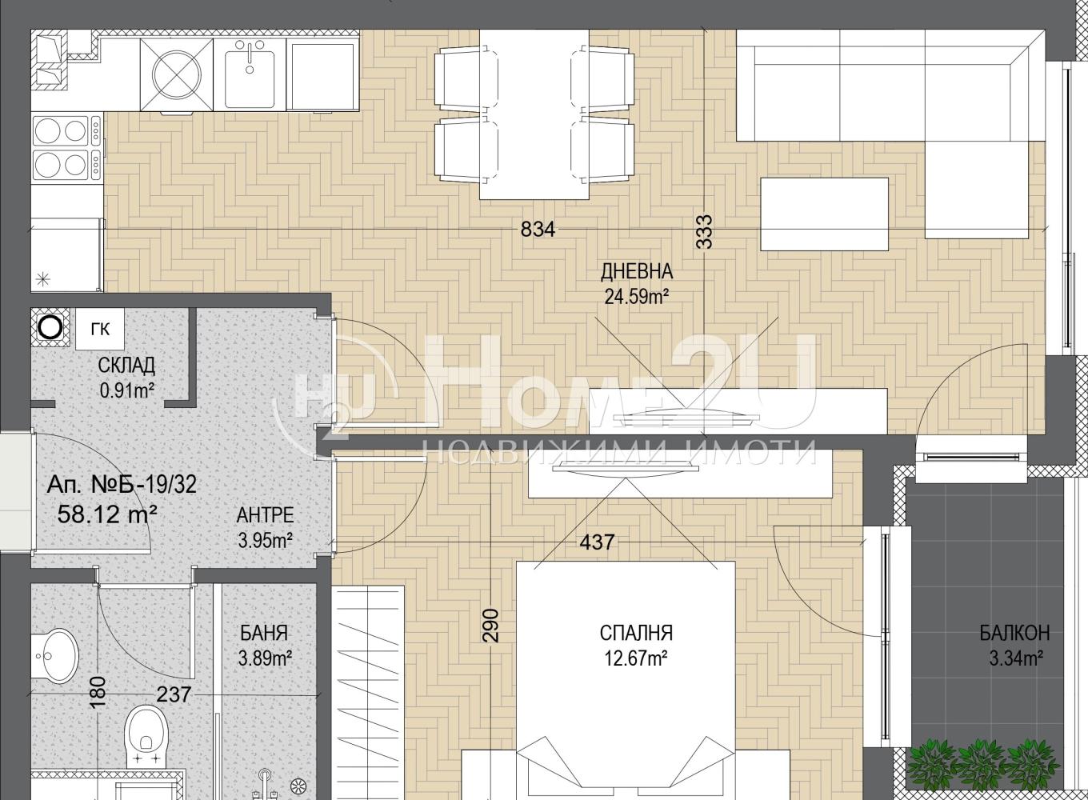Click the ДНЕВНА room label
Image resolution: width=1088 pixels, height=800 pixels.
coord(637,271)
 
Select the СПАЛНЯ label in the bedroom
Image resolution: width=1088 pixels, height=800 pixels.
coord(636,634)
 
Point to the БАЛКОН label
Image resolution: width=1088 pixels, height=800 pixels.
coord(1014,633)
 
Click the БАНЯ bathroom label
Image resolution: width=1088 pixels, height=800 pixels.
coord(264,633)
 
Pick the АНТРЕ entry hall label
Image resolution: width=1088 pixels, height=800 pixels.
coord(266,515)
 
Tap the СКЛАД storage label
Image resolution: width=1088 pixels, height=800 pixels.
coord(126,366)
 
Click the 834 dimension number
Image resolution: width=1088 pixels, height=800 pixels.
coord(538,229)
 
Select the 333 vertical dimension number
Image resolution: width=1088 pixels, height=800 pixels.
coord(705,232)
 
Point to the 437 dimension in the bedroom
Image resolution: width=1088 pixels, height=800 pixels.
coord(598,542)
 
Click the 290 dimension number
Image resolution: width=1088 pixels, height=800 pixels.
coord(491,626)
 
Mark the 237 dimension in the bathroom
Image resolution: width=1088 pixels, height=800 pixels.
coord(174,694)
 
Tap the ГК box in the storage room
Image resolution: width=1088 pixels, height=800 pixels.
coord(100,330)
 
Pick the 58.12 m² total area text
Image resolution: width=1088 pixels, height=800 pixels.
coord(107,514)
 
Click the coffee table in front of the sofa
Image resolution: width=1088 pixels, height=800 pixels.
coord(825,214)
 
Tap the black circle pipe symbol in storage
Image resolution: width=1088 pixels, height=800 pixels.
coord(50,328)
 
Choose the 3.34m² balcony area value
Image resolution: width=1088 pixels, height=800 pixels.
coord(1016,659)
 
